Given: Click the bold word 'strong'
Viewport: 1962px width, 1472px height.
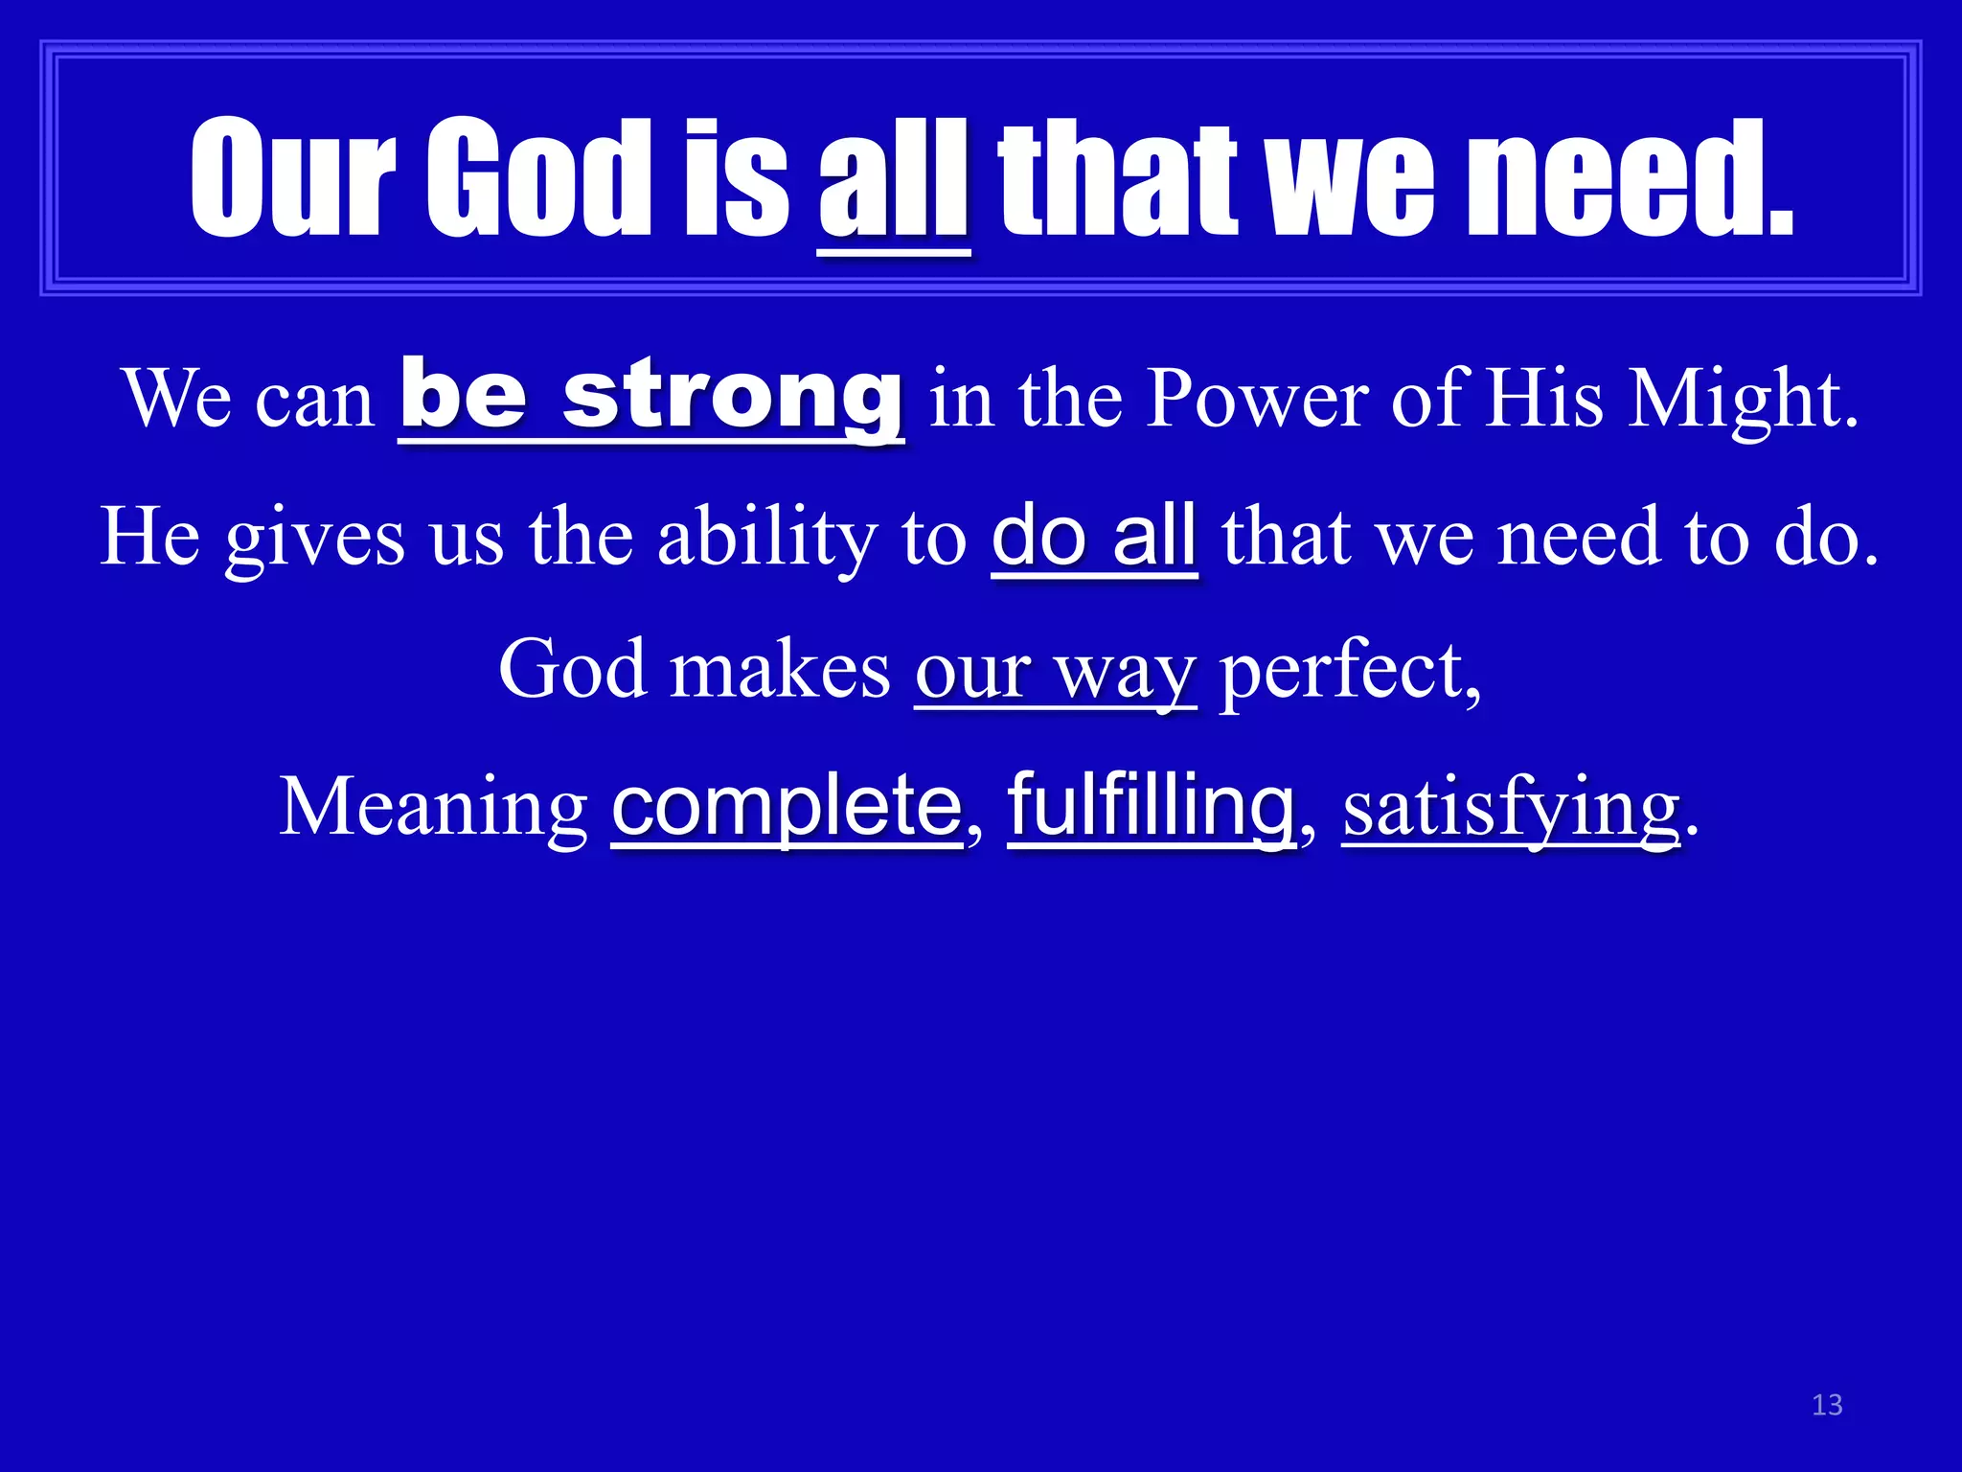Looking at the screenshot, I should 733,395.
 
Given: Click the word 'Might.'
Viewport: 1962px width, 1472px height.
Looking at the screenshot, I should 1744,400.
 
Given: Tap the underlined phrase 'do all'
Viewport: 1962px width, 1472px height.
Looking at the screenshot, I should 1094,537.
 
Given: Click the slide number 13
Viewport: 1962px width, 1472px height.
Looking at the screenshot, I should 1827,1405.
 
